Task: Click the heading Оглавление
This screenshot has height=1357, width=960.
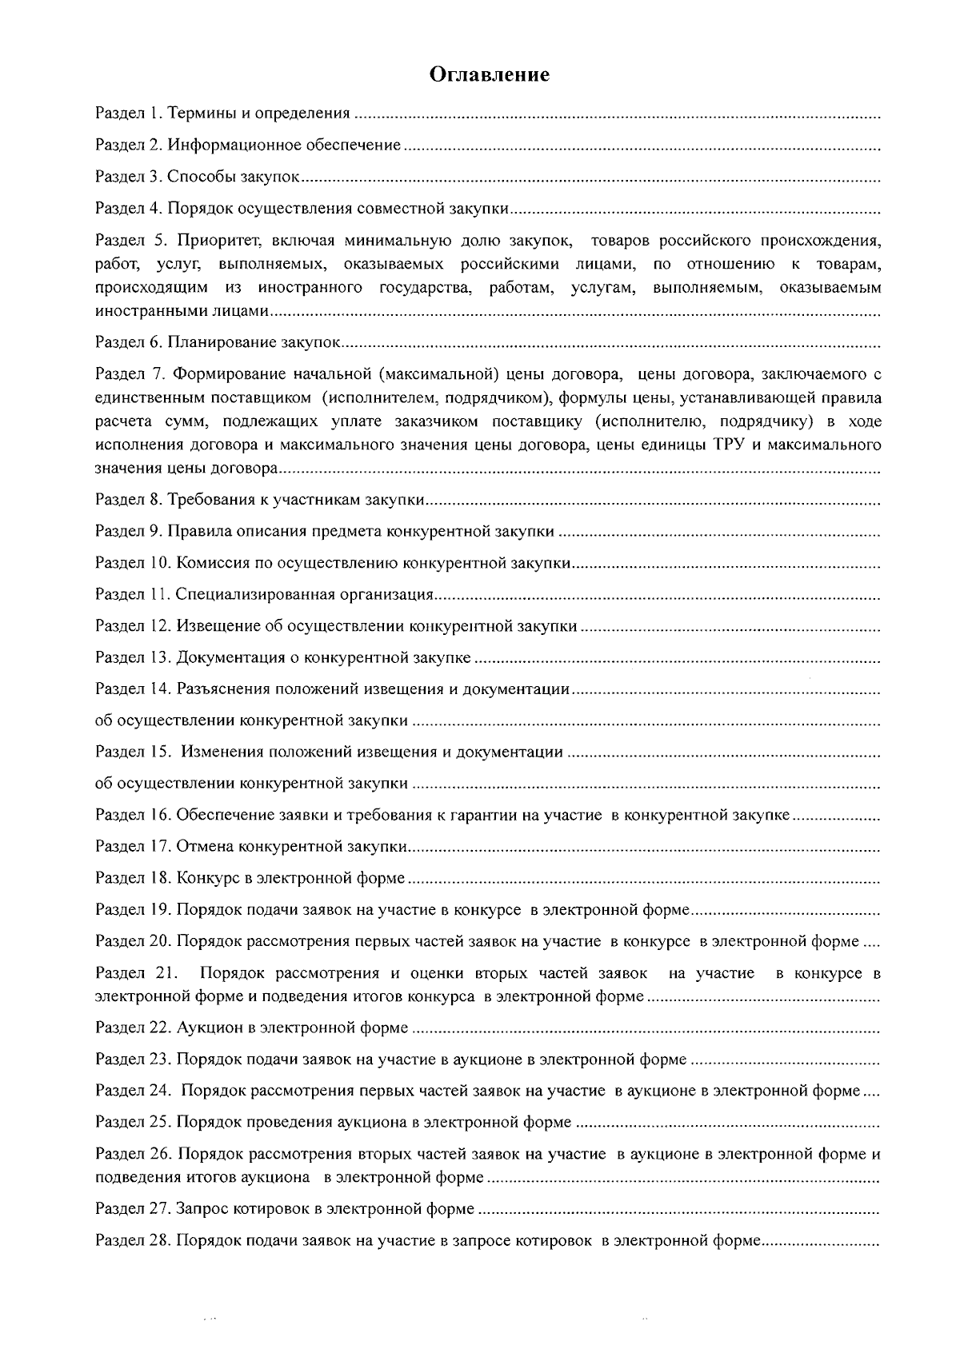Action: tap(490, 75)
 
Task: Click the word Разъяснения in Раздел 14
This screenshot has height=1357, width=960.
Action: tap(222, 689)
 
